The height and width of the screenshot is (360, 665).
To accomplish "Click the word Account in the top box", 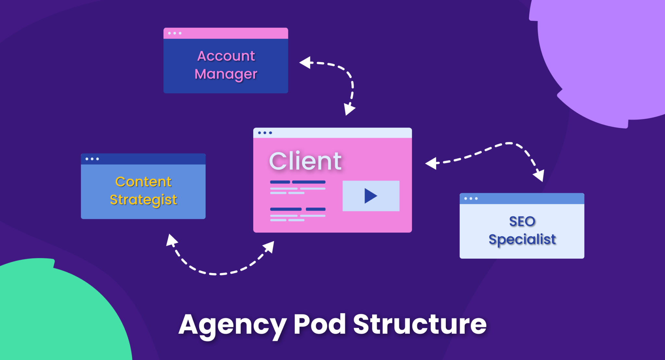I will [x=226, y=56].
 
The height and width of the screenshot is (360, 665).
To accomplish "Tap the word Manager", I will [x=226, y=74].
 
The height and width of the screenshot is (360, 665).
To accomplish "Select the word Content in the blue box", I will [x=143, y=182].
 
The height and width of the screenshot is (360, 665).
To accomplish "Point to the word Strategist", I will [x=143, y=200].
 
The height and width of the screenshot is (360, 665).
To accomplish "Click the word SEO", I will [x=522, y=221].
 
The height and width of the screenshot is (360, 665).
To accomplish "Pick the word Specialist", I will [x=522, y=240].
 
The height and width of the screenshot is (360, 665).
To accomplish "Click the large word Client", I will [x=305, y=161].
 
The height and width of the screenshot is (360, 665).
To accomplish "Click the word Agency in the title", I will [x=232, y=325].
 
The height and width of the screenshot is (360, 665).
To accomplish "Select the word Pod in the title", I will [x=320, y=325].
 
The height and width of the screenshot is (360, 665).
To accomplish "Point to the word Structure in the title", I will [x=420, y=325].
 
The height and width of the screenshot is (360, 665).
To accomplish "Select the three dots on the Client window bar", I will [x=265, y=133].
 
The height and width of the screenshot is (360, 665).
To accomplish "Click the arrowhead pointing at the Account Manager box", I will [x=305, y=62].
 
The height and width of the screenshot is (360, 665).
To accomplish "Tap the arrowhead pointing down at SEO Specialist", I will [x=539, y=175].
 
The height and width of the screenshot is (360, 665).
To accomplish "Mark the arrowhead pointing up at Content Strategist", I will [x=171, y=240].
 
